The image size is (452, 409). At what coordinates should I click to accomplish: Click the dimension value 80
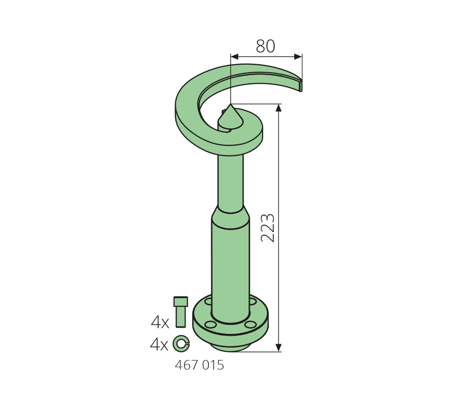265,46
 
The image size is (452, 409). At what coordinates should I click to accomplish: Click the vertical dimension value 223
268,228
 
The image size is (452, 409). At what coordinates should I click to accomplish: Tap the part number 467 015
199,365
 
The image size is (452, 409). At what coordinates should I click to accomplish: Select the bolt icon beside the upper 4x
181,312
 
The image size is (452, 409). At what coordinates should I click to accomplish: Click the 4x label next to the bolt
160,322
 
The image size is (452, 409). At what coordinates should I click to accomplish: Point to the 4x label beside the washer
159,344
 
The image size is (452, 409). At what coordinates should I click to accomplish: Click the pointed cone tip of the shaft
230,104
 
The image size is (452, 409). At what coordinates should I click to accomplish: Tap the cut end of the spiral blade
301,85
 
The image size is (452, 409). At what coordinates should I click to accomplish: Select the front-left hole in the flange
210,324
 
